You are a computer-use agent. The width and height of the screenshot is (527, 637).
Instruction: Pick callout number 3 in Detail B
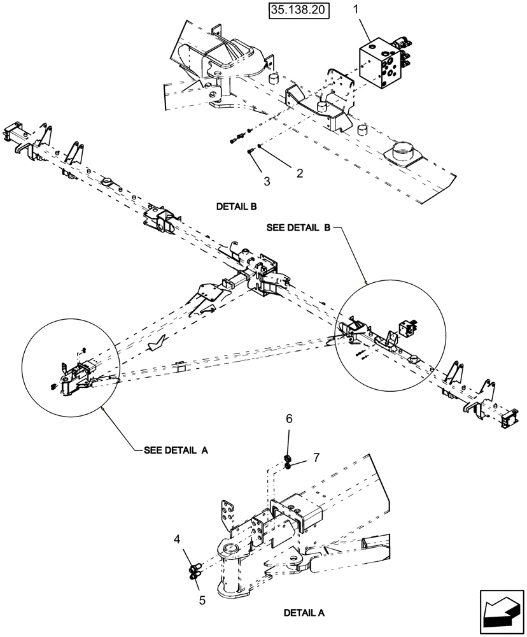point(267,182)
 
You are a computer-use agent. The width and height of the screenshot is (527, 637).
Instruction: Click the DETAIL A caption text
point(304,613)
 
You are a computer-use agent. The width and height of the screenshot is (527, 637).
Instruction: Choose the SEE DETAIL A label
point(176,449)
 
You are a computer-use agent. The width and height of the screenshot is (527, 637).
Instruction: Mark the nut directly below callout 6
point(288,459)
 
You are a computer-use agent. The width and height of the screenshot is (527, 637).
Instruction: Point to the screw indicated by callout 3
point(250,150)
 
